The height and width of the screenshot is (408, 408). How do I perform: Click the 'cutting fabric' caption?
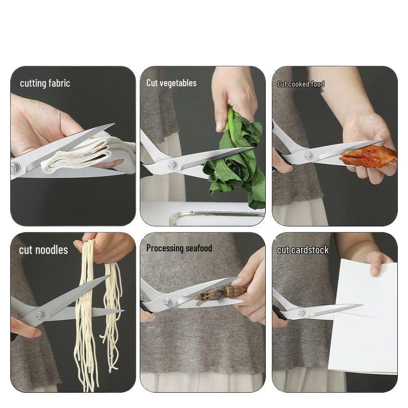(x=45, y=83)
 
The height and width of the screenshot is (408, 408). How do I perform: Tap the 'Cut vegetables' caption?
(x=171, y=83)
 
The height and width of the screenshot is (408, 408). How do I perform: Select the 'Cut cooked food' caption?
(x=301, y=84)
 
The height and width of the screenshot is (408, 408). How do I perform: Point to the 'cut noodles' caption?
(x=43, y=250)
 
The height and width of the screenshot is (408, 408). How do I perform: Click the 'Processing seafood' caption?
(x=179, y=248)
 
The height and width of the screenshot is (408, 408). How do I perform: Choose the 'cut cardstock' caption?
(x=303, y=250)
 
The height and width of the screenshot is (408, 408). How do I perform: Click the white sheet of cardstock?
(x=363, y=326)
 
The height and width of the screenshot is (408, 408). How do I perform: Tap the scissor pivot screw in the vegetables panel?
(x=172, y=165)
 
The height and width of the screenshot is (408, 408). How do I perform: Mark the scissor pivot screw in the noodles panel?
(x=39, y=315)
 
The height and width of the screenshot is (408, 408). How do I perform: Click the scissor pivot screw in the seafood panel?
(x=167, y=301)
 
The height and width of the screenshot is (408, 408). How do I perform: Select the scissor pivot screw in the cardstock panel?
(x=301, y=313)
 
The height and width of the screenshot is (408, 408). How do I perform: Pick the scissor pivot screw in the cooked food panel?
(x=308, y=156)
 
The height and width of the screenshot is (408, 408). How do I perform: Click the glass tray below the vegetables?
(x=214, y=217)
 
